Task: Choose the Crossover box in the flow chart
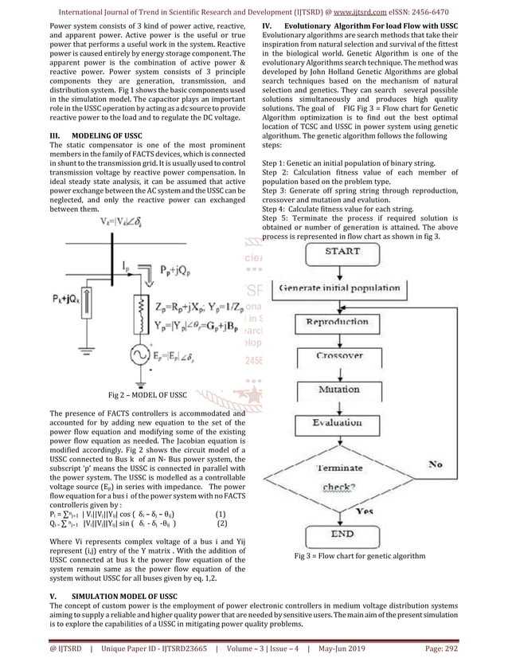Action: click(x=340, y=356)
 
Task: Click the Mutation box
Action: click(x=340, y=390)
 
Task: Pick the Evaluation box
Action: click(x=338, y=423)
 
